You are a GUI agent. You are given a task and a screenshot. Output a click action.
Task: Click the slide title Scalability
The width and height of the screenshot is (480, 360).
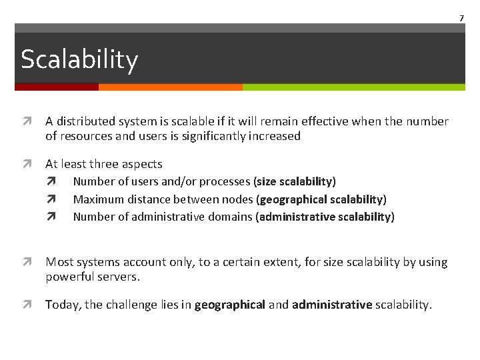pyautogui.click(x=79, y=59)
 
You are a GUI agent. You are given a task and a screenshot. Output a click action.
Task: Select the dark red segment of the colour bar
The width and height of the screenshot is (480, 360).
pyautogui.click(x=57, y=87)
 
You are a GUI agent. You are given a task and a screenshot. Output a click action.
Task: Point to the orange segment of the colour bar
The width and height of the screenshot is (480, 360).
pyautogui.click(x=170, y=87)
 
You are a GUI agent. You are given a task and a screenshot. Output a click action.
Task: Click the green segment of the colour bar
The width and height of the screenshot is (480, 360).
pyautogui.click(x=353, y=87)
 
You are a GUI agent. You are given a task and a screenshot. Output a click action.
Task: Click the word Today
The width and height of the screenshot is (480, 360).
pyautogui.click(x=61, y=305)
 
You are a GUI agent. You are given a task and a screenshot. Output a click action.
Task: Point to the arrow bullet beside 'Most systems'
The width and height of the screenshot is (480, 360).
pyautogui.click(x=25, y=263)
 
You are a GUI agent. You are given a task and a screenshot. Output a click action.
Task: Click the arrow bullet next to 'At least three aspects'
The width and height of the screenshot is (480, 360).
pyautogui.click(x=25, y=164)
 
